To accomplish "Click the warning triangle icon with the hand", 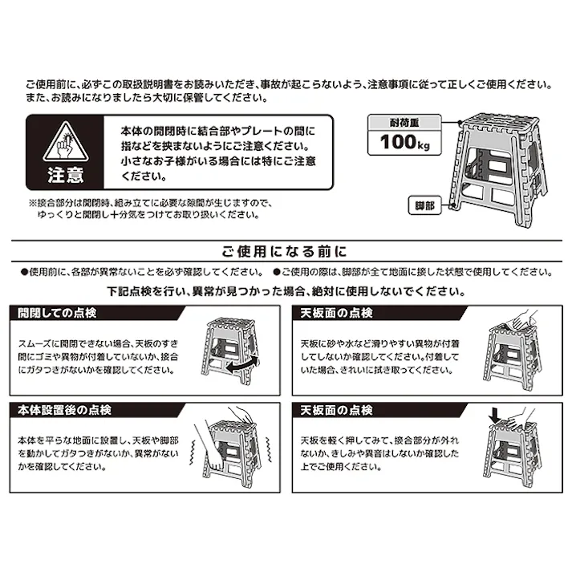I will pyautogui.click(x=61, y=140).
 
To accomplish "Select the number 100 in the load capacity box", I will pyautogui.click(x=395, y=144).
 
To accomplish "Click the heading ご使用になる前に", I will pyautogui.click(x=286, y=249).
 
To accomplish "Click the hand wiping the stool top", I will pyautogui.click(x=511, y=320).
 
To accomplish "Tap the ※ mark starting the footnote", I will pyautogui.click(x=33, y=204).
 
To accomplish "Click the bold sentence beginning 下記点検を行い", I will pyautogui.click(x=286, y=290).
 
